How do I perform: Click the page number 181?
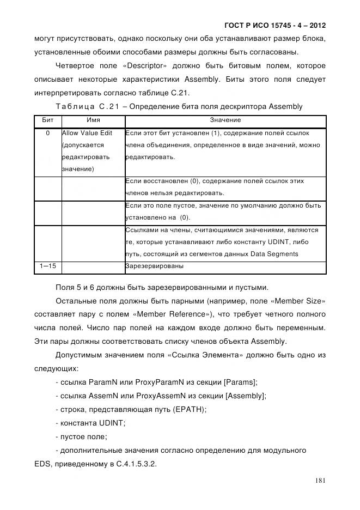click(x=320, y=481)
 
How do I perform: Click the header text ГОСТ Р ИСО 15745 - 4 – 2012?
click(x=274, y=26)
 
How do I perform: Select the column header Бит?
click(x=48, y=120)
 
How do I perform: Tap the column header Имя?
click(x=93, y=120)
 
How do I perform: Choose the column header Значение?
click(x=225, y=120)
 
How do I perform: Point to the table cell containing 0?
click(x=48, y=133)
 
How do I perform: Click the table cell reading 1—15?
click(x=48, y=266)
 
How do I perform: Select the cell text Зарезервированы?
click(x=154, y=266)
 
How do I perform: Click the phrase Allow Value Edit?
click(x=87, y=133)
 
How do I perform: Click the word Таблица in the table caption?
click(x=75, y=106)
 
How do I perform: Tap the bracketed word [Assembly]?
click(x=245, y=395)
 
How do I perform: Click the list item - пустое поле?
click(x=82, y=436)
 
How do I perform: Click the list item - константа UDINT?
click(x=90, y=423)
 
